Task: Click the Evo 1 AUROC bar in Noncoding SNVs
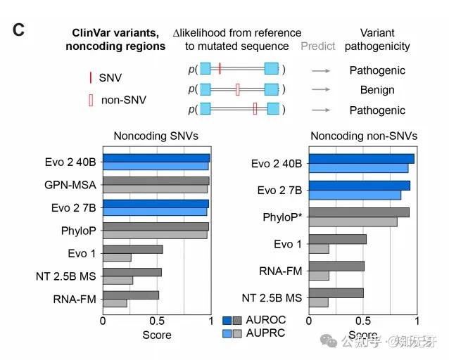(x=133, y=249)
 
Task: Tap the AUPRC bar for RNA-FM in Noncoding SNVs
(x=115, y=302)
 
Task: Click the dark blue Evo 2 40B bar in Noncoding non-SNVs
(x=361, y=158)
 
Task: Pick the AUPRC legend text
(x=266, y=332)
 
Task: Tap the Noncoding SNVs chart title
(x=156, y=136)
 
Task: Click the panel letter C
(x=19, y=30)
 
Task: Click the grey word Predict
(x=318, y=46)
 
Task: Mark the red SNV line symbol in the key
(x=90, y=77)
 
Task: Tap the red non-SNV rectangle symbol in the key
(x=91, y=101)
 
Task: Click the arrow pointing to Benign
(x=321, y=90)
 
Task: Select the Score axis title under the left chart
(x=156, y=335)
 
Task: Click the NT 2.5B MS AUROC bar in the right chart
(x=336, y=292)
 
